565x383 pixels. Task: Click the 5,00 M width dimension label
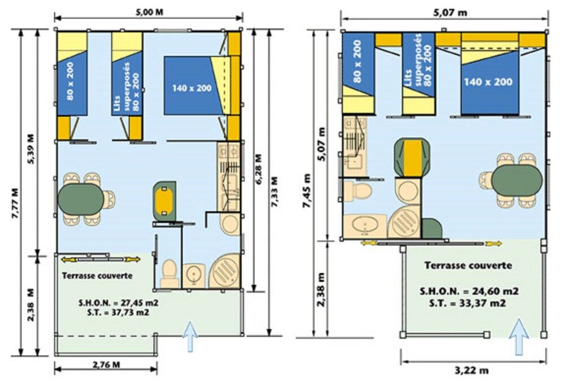click(x=149, y=12)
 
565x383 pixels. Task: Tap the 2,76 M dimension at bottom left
click(x=106, y=364)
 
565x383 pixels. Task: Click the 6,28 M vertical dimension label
click(x=258, y=169)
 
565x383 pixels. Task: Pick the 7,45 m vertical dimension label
click(x=307, y=191)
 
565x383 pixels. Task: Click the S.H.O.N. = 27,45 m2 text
click(x=119, y=303)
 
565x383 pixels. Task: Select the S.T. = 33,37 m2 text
click(x=468, y=303)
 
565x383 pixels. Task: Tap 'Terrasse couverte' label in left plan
click(x=97, y=276)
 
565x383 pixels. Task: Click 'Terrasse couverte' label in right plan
click(x=468, y=266)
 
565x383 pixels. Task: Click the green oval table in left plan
click(x=81, y=198)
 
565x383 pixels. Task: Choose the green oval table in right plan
click(x=517, y=180)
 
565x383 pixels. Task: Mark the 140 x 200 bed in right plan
click(x=489, y=82)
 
